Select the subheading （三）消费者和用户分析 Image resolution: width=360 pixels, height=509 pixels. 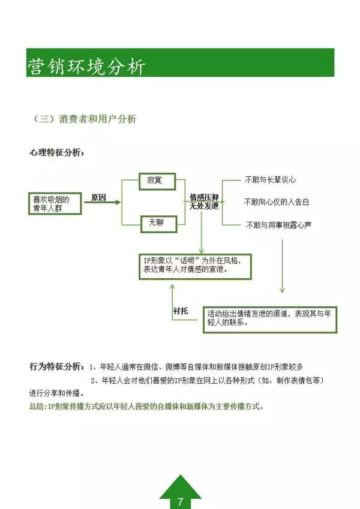click(85, 119)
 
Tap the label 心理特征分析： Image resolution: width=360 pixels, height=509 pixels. click(57, 152)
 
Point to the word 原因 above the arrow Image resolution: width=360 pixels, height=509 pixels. click(98, 197)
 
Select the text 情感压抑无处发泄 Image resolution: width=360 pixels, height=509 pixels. click(204, 201)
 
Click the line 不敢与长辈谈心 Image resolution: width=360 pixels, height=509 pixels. click(271, 180)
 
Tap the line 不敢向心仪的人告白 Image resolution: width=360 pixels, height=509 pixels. click(277, 202)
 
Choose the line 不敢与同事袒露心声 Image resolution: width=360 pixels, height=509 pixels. click(278, 225)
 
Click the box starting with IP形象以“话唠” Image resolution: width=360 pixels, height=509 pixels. click(194, 265)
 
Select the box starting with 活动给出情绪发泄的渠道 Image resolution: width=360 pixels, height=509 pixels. click(270, 318)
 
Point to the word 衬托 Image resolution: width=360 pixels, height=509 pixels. click(180, 311)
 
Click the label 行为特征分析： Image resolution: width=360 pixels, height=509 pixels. click(57, 366)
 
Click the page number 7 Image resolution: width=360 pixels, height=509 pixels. click(180, 501)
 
